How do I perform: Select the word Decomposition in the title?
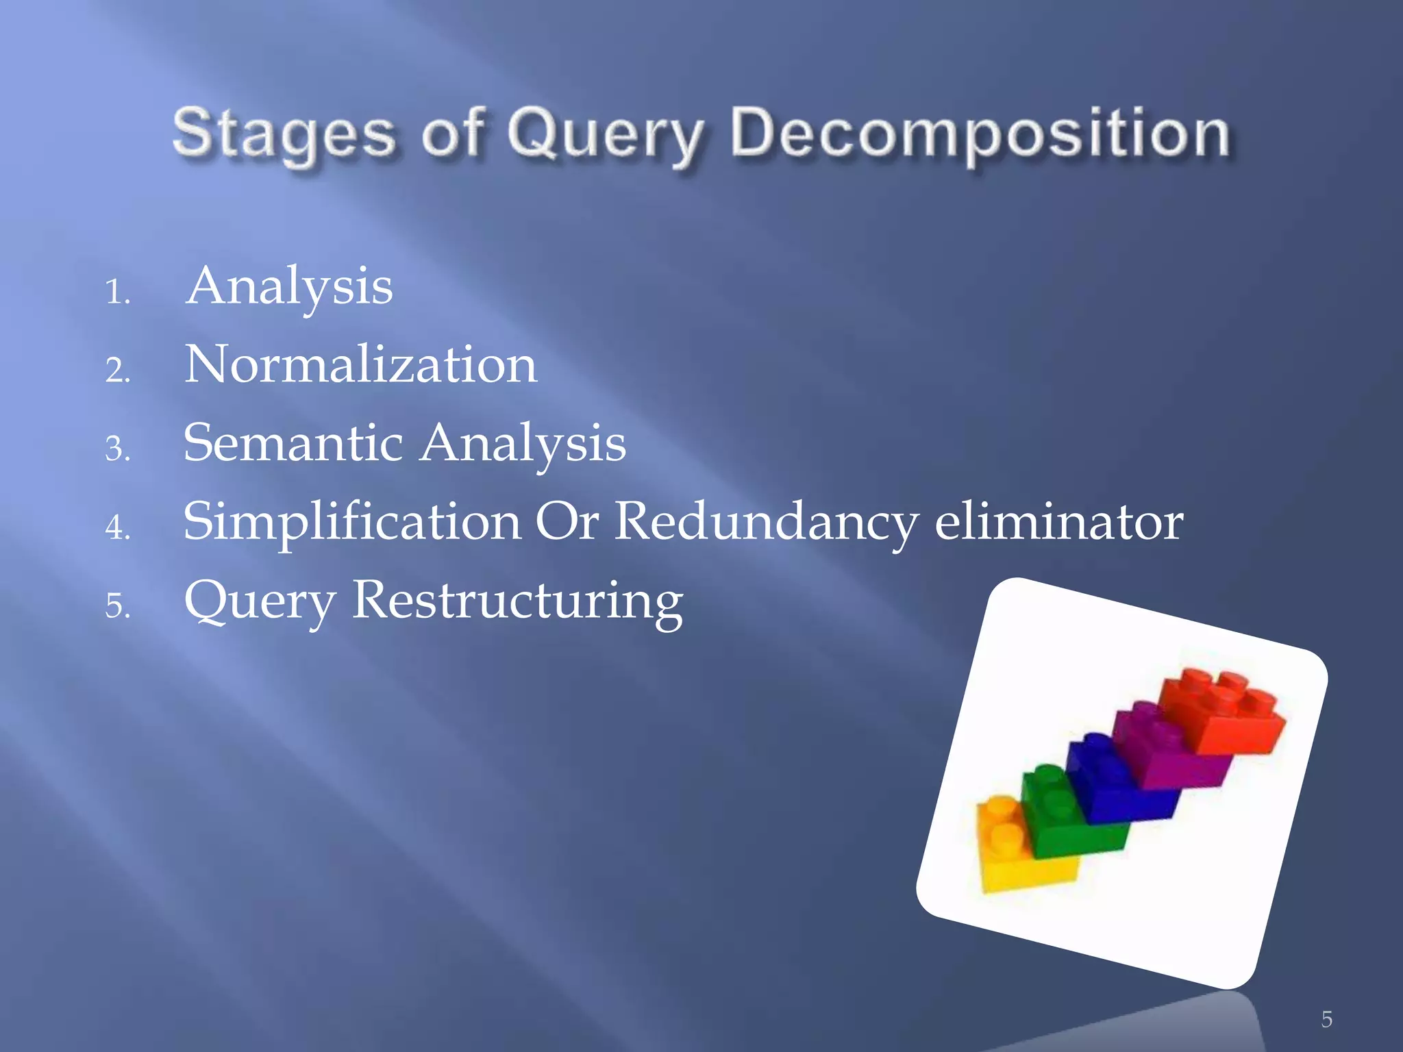980,134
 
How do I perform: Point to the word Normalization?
360,364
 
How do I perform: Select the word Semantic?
293,443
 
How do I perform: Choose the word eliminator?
1058,522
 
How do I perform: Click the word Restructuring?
517,601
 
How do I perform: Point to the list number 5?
117,607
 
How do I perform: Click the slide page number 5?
1326,1019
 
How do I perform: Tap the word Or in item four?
567,522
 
